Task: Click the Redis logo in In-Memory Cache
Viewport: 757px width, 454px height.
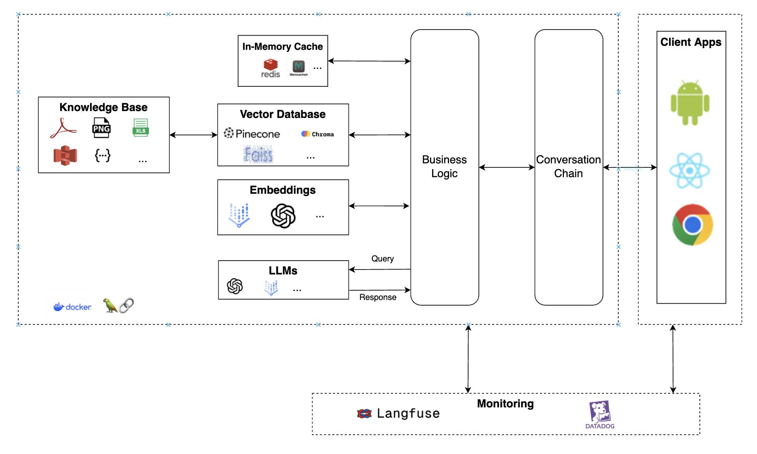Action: (271, 68)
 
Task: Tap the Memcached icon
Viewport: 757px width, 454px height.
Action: (299, 68)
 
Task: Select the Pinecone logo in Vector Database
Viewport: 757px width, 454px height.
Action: (252, 133)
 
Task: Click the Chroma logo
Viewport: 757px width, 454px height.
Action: (317, 134)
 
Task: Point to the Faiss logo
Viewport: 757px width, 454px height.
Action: (258, 154)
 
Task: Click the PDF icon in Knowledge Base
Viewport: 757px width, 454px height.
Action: (63, 128)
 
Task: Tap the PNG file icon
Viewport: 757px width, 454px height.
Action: (101, 128)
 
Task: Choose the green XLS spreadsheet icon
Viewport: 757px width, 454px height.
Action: (140, 128)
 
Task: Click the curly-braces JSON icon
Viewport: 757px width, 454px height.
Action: (103, 155)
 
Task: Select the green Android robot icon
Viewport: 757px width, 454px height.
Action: (690, 103)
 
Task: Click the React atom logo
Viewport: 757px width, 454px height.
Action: (689, 171)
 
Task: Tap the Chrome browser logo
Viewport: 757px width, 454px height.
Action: (692, 225)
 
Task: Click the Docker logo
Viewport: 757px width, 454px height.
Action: (73, 307)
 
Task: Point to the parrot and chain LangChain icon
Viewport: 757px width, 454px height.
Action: (118, 305)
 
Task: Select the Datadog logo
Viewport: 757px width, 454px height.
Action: (600, 415)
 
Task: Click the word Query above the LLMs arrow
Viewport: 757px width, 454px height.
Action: (382, 259)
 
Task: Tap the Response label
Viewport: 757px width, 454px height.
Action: (377, 297)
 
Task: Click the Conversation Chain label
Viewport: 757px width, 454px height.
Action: (568, 166)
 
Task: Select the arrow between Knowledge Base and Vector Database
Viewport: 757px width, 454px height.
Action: (193, 135)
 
